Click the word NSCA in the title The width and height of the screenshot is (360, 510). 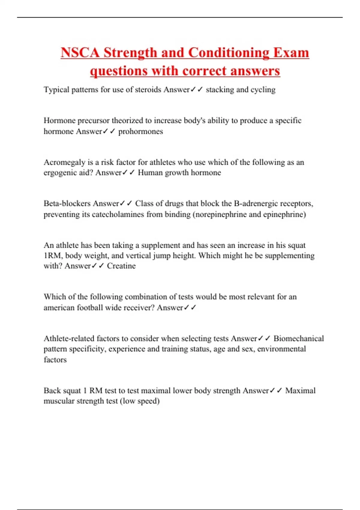point(80,53)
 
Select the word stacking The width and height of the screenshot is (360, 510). point(220,90)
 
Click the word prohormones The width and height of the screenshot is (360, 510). point(141,131)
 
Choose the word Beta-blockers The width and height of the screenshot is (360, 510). point(67,203)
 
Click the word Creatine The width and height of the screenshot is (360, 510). point(121,266)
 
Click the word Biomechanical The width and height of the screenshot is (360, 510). point(298,338)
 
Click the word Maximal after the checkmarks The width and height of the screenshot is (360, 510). point(300,391)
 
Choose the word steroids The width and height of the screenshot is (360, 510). point(148,90)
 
